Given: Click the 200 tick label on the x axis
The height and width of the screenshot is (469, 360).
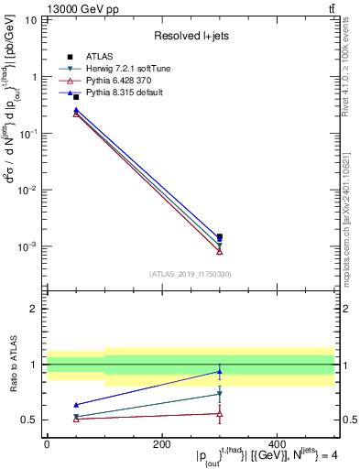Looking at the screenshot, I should click(161, 444).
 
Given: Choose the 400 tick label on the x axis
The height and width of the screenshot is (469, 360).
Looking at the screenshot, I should click(277, 444).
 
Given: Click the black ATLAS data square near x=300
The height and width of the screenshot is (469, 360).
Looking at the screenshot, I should click(219, 236).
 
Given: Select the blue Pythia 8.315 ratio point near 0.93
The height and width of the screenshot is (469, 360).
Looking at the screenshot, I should click(219, 372).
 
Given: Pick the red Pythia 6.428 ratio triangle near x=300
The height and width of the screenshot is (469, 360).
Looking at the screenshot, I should click(219, 414).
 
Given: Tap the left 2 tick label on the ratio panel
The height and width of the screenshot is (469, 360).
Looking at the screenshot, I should click(35, 309).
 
